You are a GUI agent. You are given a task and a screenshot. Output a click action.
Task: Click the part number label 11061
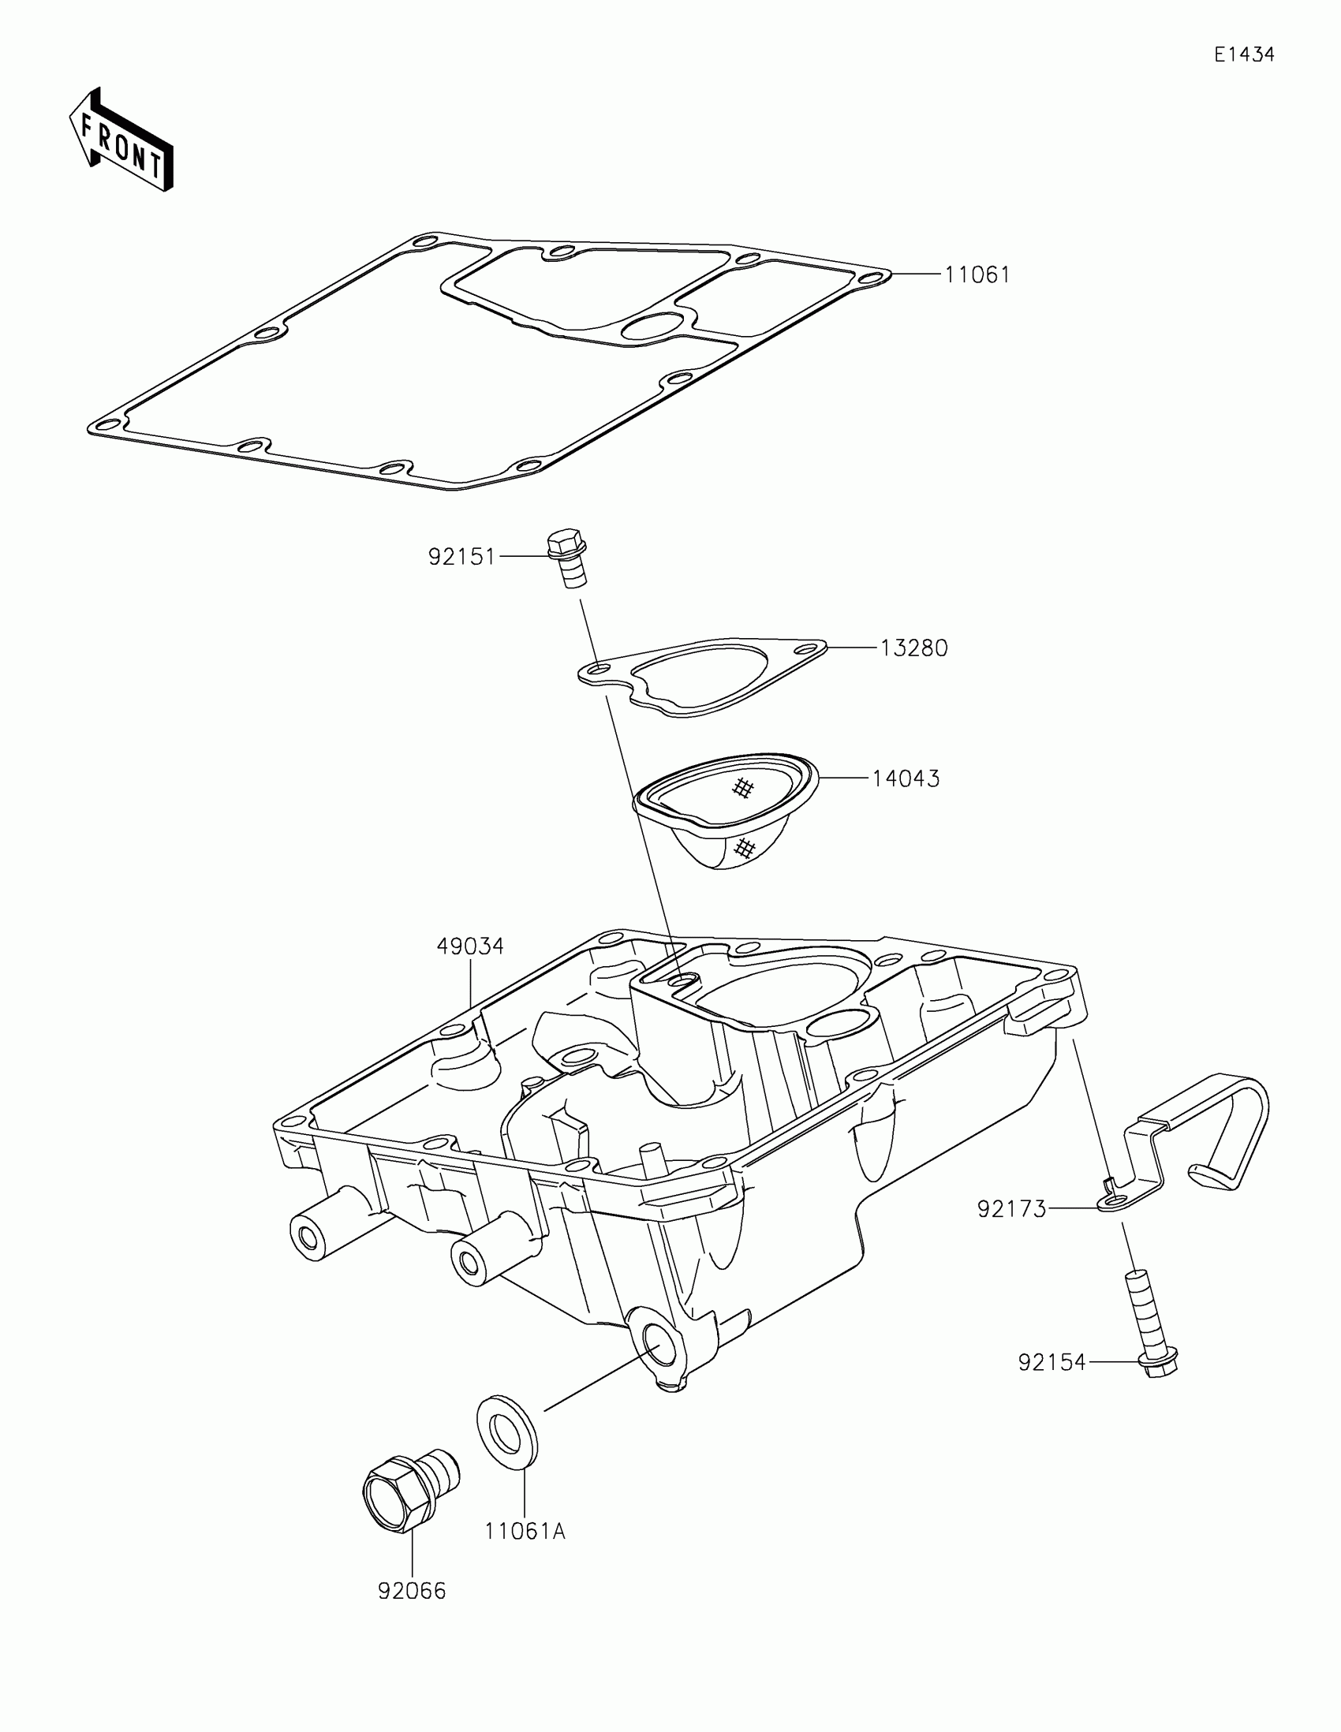(977, 275)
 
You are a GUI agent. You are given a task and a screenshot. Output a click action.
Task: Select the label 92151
(461, 557)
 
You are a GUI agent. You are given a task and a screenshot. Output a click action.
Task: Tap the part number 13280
(913, 648)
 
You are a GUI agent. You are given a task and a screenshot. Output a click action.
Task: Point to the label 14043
(906, 778)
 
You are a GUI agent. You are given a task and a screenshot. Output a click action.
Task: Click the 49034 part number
(470, 946)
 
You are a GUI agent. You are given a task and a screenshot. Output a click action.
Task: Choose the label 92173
(1011, 1209)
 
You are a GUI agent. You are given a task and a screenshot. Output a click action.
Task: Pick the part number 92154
(1052, 1362)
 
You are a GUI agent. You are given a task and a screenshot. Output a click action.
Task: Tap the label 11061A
(525, 1532)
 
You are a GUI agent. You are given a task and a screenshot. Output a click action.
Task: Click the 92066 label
(412, 1591)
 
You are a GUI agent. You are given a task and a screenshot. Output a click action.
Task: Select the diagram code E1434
(1243, 54)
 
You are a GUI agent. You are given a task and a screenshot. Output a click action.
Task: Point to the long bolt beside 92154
(1150, 1333)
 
